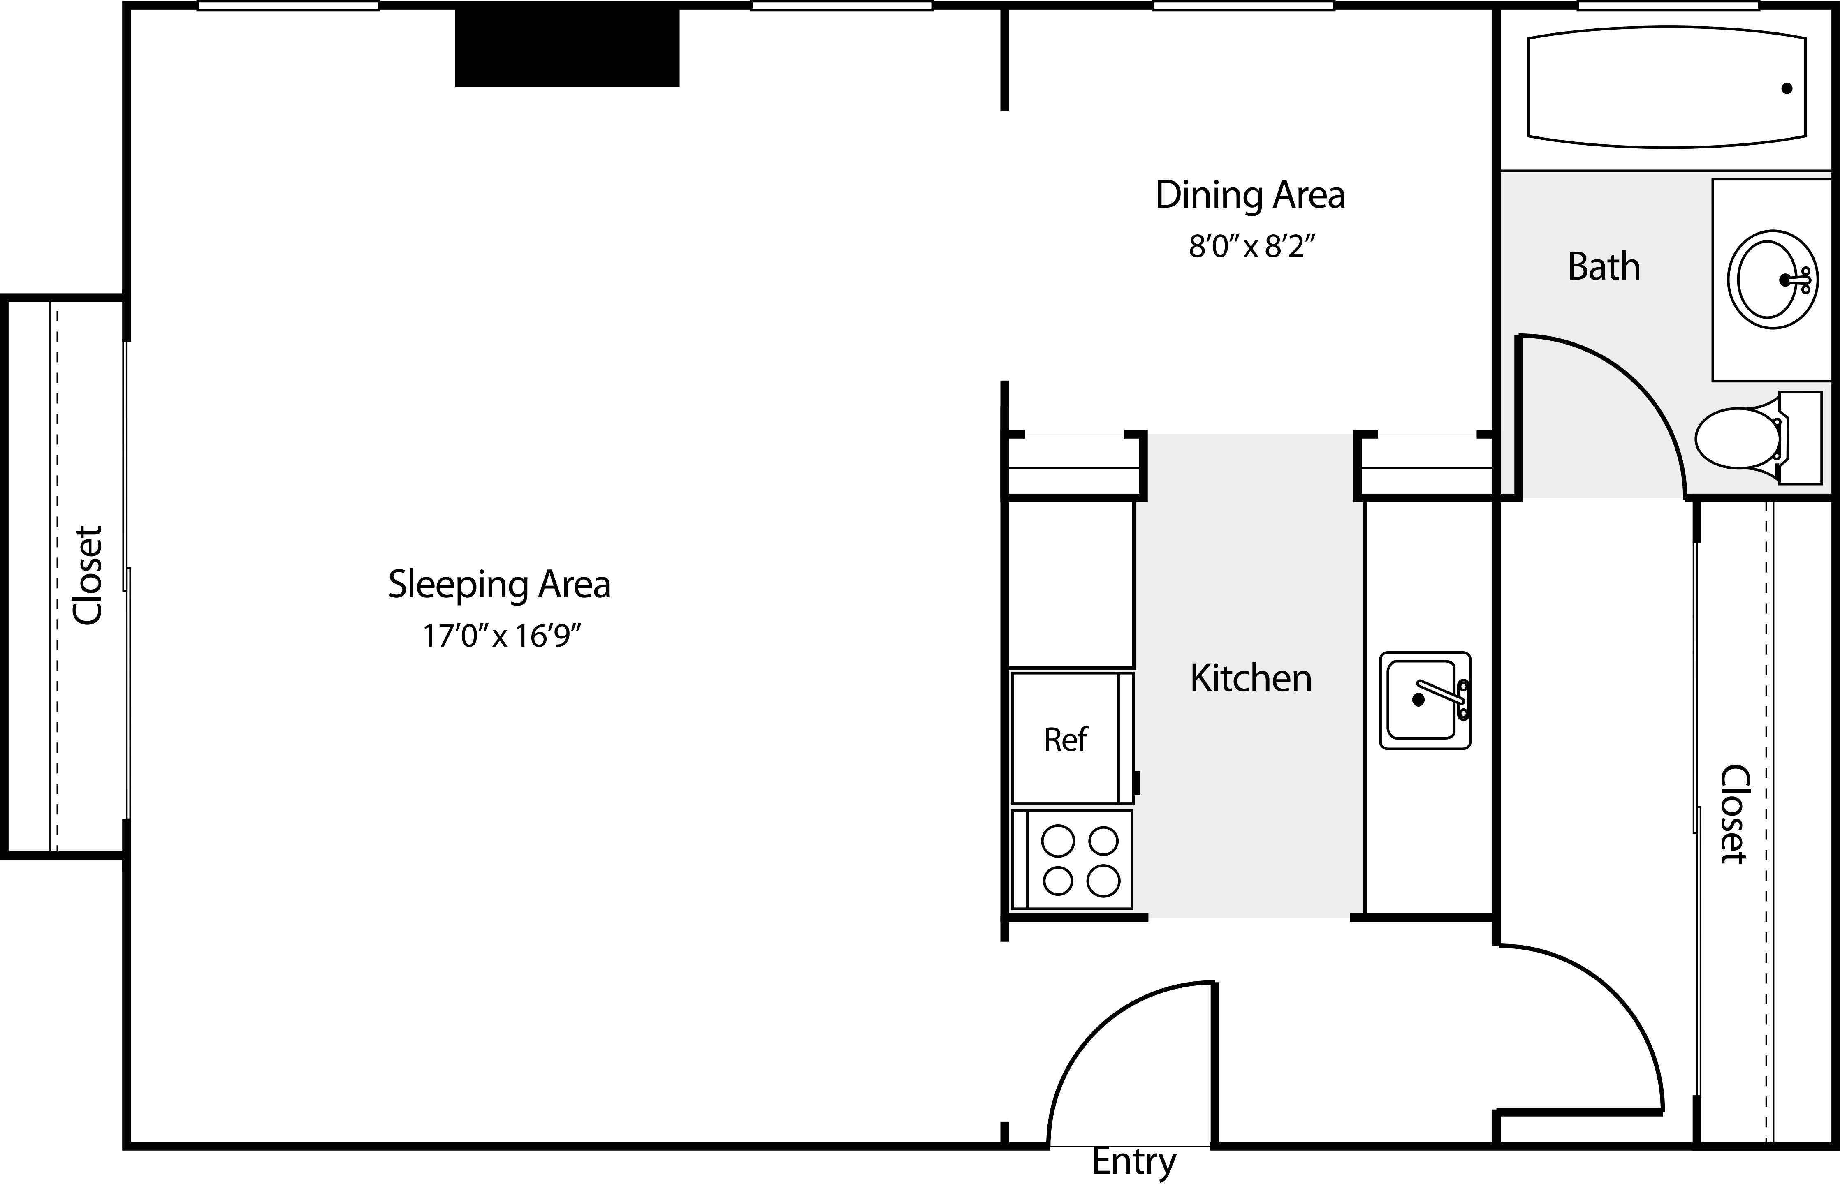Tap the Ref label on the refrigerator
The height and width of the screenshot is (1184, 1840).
[x=1066, y=740]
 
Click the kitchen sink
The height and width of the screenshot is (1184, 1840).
[x=1425, y=701]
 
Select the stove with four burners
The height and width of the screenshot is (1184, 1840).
[x=1072, y=859]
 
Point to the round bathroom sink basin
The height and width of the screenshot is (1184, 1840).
[x=1772, y=280]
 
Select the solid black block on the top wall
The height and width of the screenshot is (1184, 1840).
[x=568, y=47]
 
